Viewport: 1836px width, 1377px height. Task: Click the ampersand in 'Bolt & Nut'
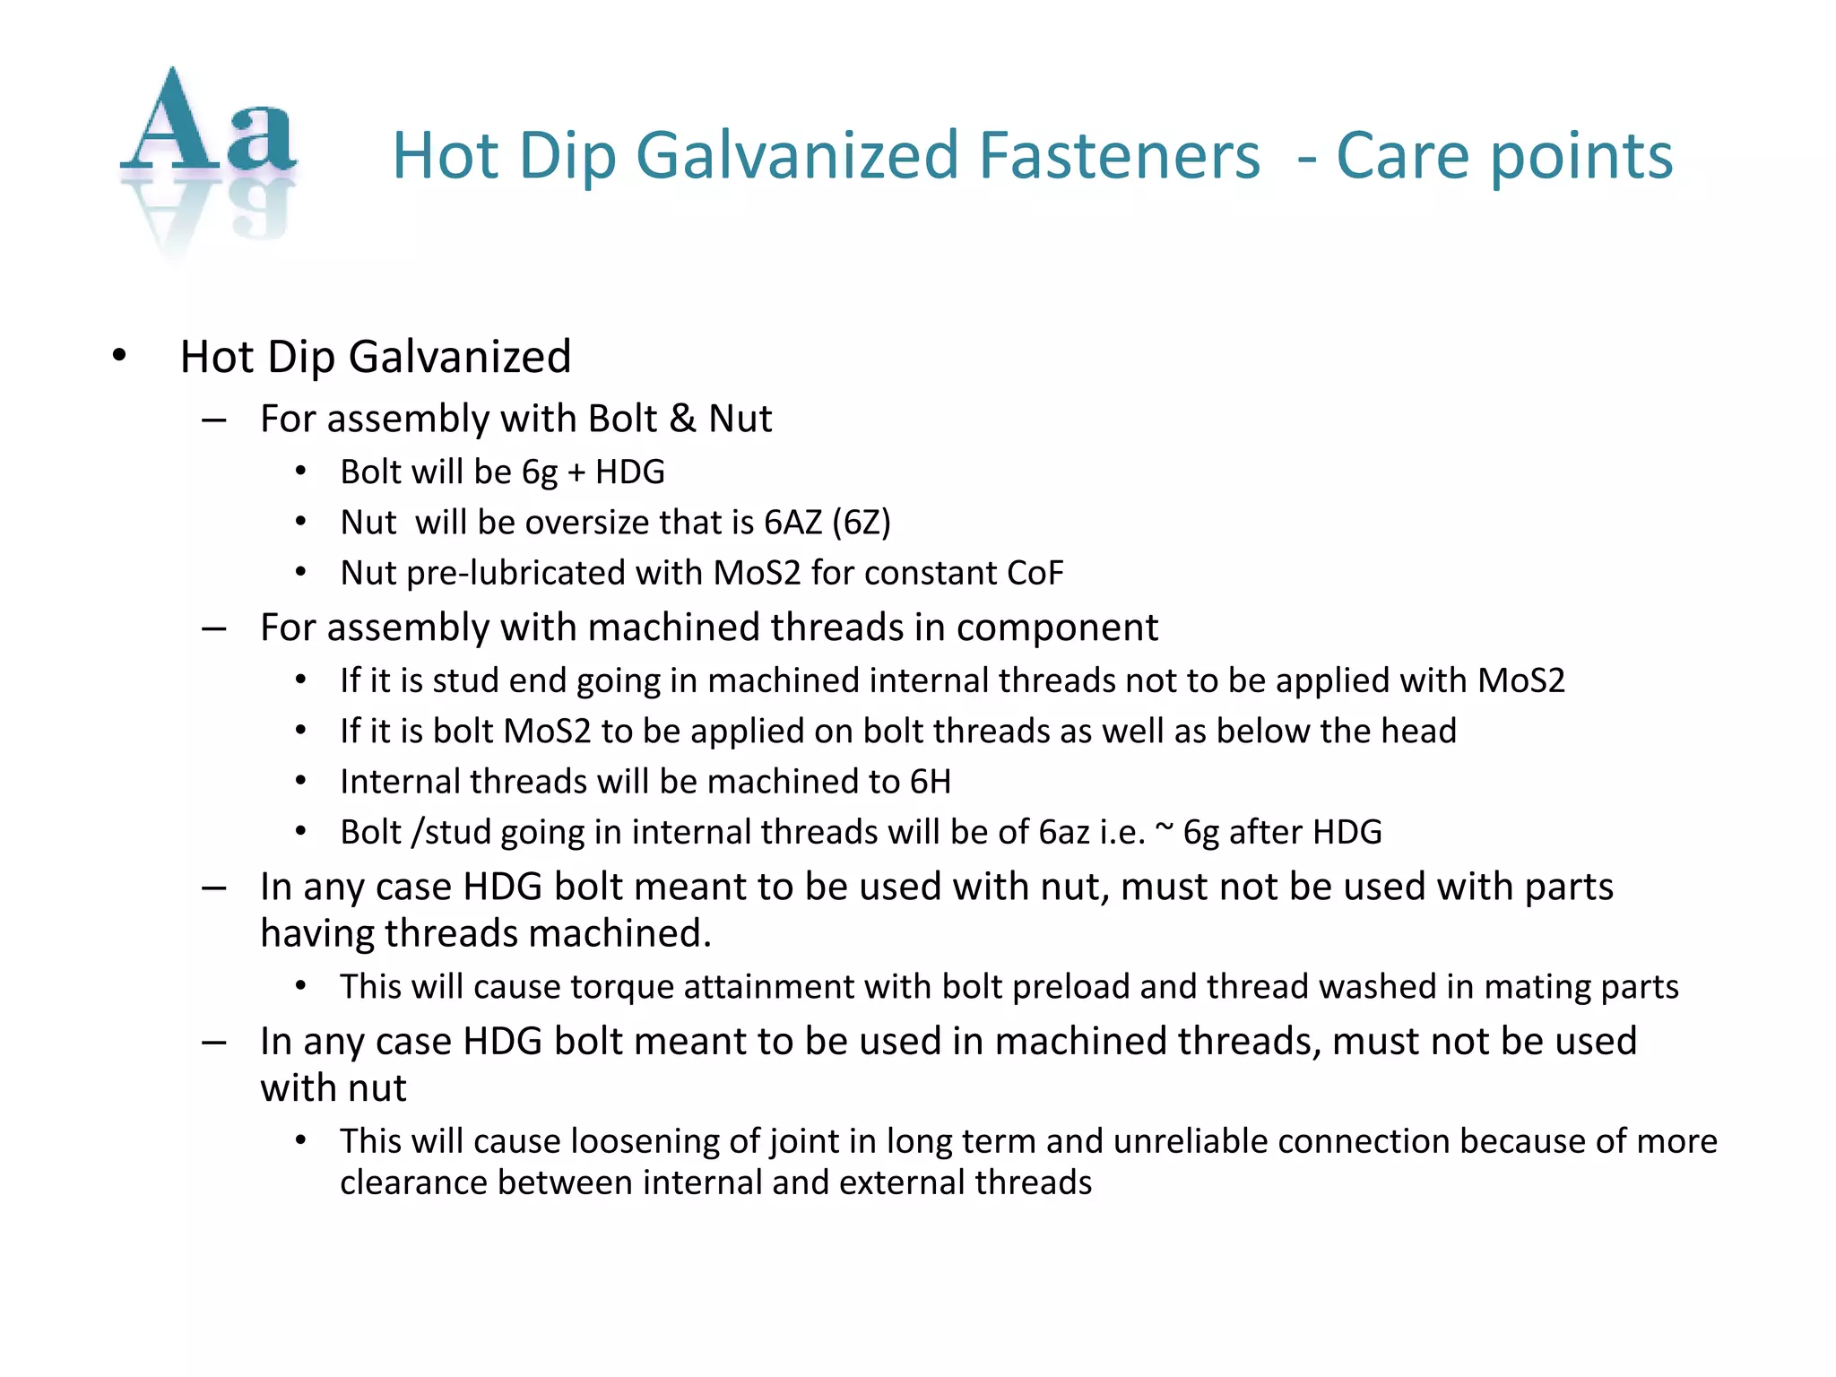click(x=682, y=419)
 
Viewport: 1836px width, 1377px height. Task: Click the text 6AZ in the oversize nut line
click(x=792, y=523)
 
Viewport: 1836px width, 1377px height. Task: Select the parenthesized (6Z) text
click(x=862, y=523)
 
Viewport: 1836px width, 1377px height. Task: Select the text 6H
click(x=930, y=782)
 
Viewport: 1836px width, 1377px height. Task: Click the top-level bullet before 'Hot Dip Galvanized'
click(x=119, y=357)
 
